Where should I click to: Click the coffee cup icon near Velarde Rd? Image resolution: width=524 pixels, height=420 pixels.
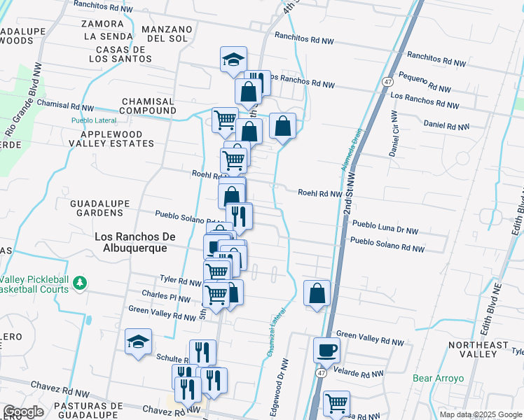click(325, 349)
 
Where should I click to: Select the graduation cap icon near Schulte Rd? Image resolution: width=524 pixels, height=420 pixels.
click(138, 342)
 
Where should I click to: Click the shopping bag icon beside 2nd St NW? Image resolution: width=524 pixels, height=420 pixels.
click(317, 293)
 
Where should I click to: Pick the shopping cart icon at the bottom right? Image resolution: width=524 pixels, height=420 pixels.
click(336, 404)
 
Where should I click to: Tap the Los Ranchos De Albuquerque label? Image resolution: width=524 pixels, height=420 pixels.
click(131, 242)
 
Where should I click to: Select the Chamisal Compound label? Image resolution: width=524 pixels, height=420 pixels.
click(148, 106)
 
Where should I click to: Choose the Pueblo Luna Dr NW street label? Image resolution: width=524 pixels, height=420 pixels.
click(385, 228)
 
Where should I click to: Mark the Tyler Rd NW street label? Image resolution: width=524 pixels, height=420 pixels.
click(181, 281)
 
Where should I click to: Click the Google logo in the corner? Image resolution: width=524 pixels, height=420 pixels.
click(23, 412)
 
